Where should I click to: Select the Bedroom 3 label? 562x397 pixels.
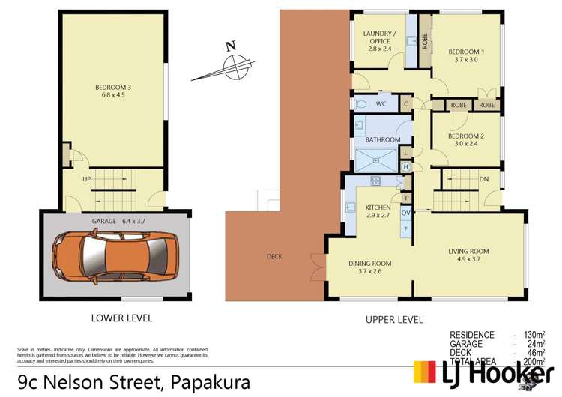click(114, 91)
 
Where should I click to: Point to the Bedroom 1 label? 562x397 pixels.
click(466, 56)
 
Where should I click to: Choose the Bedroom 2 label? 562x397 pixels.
click(466, 141)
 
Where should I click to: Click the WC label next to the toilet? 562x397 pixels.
click(381, 103)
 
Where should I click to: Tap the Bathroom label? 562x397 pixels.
click(382, 139)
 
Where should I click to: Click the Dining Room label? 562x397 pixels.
click(369, 268)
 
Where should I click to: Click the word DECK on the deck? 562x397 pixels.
click(274, 257)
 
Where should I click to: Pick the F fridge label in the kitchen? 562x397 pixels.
click(405, 229)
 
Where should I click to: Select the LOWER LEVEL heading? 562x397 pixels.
click(121, 318)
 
